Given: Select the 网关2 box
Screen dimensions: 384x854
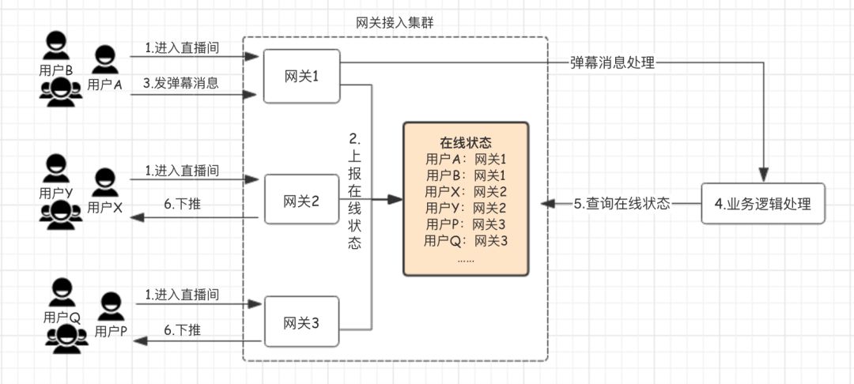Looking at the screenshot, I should [x=301, y=200].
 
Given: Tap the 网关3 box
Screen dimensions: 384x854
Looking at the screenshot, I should [x=301, y=322].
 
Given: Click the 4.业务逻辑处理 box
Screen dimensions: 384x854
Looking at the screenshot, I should [x=762, y=203].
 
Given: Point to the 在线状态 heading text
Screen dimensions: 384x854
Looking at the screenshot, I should [x=466, y=144].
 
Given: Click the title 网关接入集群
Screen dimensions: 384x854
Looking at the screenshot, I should [x=395, y=22].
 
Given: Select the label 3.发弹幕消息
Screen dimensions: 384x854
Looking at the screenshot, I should [x=181, y=82].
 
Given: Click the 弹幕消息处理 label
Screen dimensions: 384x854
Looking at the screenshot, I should [x=613, y=62].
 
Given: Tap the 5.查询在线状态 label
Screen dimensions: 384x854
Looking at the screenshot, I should [x=622, y=203].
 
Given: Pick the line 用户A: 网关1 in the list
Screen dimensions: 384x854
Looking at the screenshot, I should [x=466, y=160].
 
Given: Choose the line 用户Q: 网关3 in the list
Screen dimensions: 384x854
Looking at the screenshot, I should [x=466, y=241].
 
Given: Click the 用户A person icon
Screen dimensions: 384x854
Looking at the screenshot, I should [x=104, y=60].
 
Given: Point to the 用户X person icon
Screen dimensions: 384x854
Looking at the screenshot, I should [x=104, y=183].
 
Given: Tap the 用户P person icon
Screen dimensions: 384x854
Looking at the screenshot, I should [x=110, y=307].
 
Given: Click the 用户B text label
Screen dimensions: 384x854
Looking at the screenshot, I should [x=56, y=70].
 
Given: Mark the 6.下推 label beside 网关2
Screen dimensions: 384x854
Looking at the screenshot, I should [x=183, y=204].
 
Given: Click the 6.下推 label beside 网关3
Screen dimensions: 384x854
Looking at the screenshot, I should [x=183, y=329].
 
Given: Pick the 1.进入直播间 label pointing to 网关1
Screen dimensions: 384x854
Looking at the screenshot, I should [x=182, y=47].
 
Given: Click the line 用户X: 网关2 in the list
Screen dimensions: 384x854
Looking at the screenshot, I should [x=466, y=192].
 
